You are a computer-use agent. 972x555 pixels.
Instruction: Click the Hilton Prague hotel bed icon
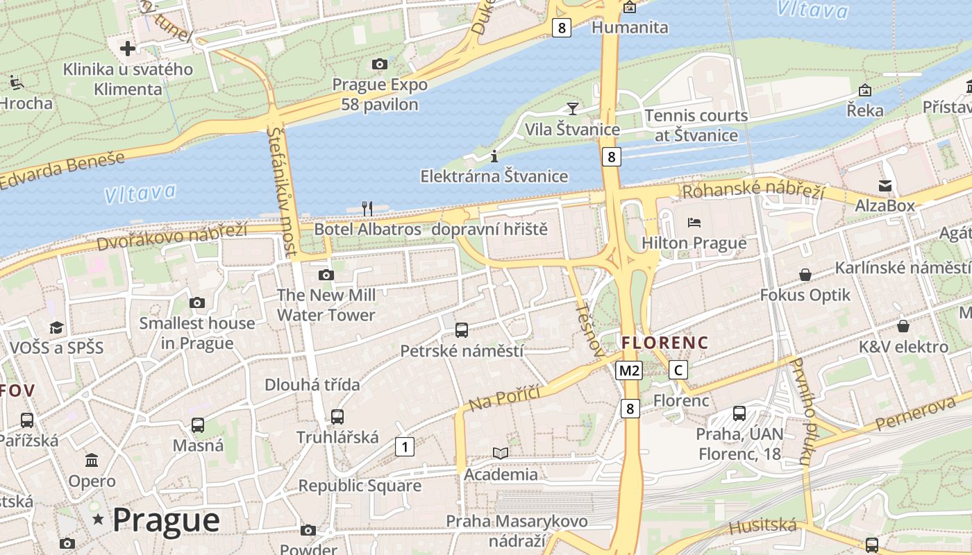pyautogui.click(x=694, y=223)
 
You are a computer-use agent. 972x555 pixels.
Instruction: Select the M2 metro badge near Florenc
pyautogui.click(x=629, y=370)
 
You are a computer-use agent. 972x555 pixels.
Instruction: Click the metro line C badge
pyautogui.click(x=678, y=370)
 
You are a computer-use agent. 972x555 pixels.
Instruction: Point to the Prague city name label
pyautogui.click(x=166, y=520)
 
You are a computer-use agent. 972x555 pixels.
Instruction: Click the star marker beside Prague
pyautogui.click(x=98, y=519)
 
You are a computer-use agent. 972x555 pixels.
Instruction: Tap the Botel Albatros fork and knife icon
pyautogui.click(x=367, y=208)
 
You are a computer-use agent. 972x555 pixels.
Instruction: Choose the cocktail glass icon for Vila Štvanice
pyautogui.click(x=572, y=108)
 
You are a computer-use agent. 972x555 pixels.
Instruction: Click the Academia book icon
pyautogui.click(x=501, y=454)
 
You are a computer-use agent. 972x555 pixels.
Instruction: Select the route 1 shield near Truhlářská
pyautogui.click(x=404, y=447)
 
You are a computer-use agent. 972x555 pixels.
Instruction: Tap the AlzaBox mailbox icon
pyautogui.click(x=885, y=185)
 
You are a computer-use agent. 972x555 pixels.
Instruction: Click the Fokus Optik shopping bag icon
pyautogui.click(x=805, y=275)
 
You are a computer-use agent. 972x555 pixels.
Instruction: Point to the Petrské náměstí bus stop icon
pyautogui.click(x=462, y=330)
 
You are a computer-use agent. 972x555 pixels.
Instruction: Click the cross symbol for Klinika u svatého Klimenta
pyautogui.click(x=128, y=49)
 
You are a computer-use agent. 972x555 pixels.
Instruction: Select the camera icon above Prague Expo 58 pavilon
pyautogui.click(x=379, y=64)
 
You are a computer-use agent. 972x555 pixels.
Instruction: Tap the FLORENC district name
pyautogui.click(x=664, y=343)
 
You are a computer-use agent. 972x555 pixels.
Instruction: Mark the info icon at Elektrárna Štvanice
pyautogui.click(x=494, y=155)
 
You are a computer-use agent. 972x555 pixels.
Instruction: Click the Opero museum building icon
pyautogui.click(x=92, y=461)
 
